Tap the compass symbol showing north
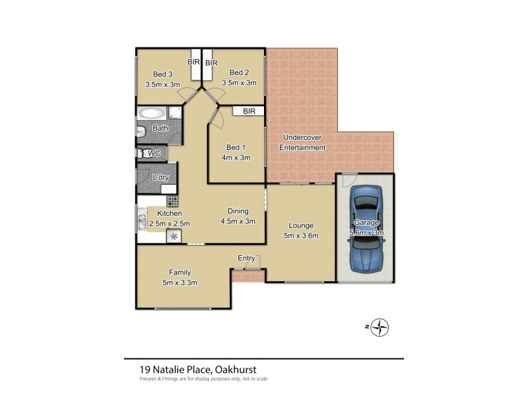click(x=379, y=327)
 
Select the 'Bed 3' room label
click(x=162, y=74)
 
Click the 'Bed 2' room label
click(x=238, y=73)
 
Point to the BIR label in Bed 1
click(x=249, y=112)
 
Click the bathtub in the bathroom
click(x=152, y=113)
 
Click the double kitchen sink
click(x=141, y=223)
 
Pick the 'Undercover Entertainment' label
click(x=302, y=143)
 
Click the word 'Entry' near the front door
click(x=246, y=258)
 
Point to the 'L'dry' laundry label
click(x=160, y=178)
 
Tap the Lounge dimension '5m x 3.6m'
click(x=300, y=236)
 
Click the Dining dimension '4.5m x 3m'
click(x=238, y=221)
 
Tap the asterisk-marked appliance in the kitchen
click(x=174, y=236)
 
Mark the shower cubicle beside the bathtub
click(x=176, y=112)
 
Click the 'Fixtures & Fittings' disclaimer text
click(x=165, y=379)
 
